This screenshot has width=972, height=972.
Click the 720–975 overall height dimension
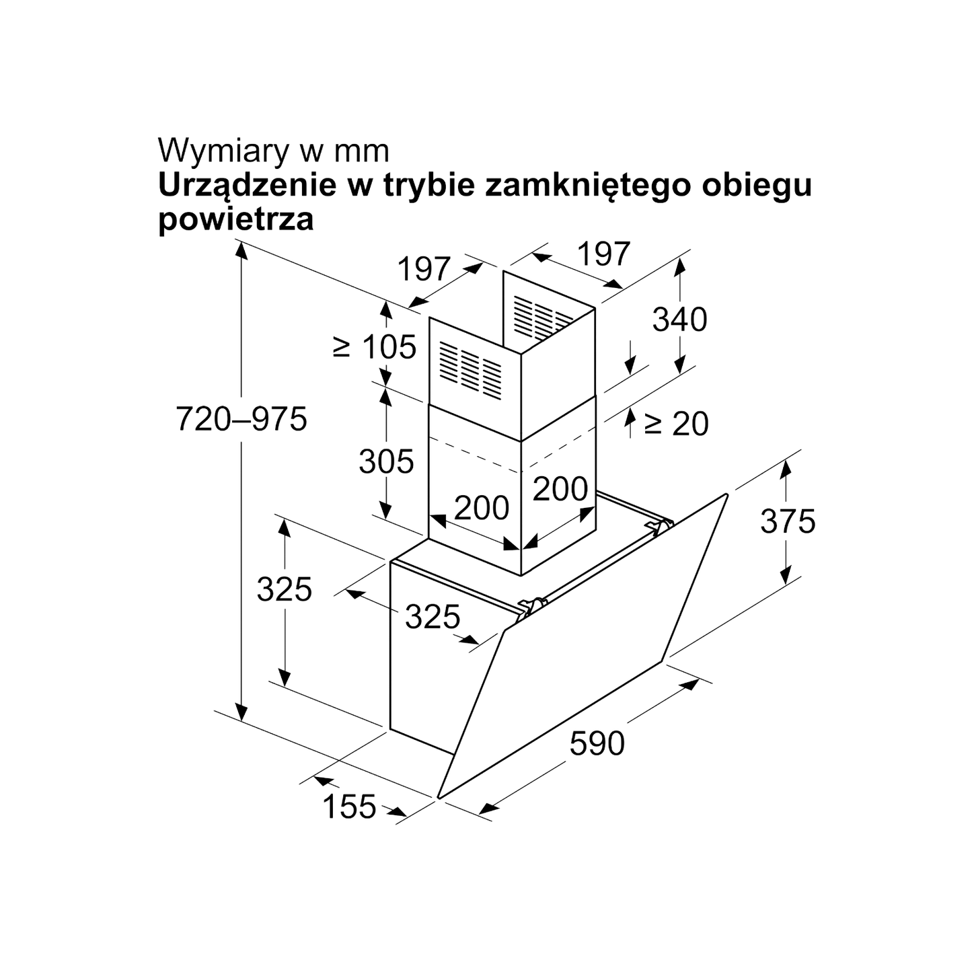241,418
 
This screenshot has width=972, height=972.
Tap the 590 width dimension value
597,743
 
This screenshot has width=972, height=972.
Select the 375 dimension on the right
788,521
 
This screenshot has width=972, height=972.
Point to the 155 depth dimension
350,806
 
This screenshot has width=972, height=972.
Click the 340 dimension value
680,320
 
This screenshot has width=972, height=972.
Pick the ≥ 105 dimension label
375,346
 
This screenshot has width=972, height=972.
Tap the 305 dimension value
386,461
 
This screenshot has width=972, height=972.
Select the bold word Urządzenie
248,186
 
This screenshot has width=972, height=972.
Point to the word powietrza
235,219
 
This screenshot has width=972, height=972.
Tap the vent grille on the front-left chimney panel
470,370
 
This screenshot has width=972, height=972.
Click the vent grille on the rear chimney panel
543,316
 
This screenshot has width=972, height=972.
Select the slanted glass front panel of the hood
583,646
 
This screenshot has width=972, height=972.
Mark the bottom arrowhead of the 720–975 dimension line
241,712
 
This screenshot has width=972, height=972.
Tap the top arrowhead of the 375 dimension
786,469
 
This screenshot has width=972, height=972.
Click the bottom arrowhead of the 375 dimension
786,576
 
